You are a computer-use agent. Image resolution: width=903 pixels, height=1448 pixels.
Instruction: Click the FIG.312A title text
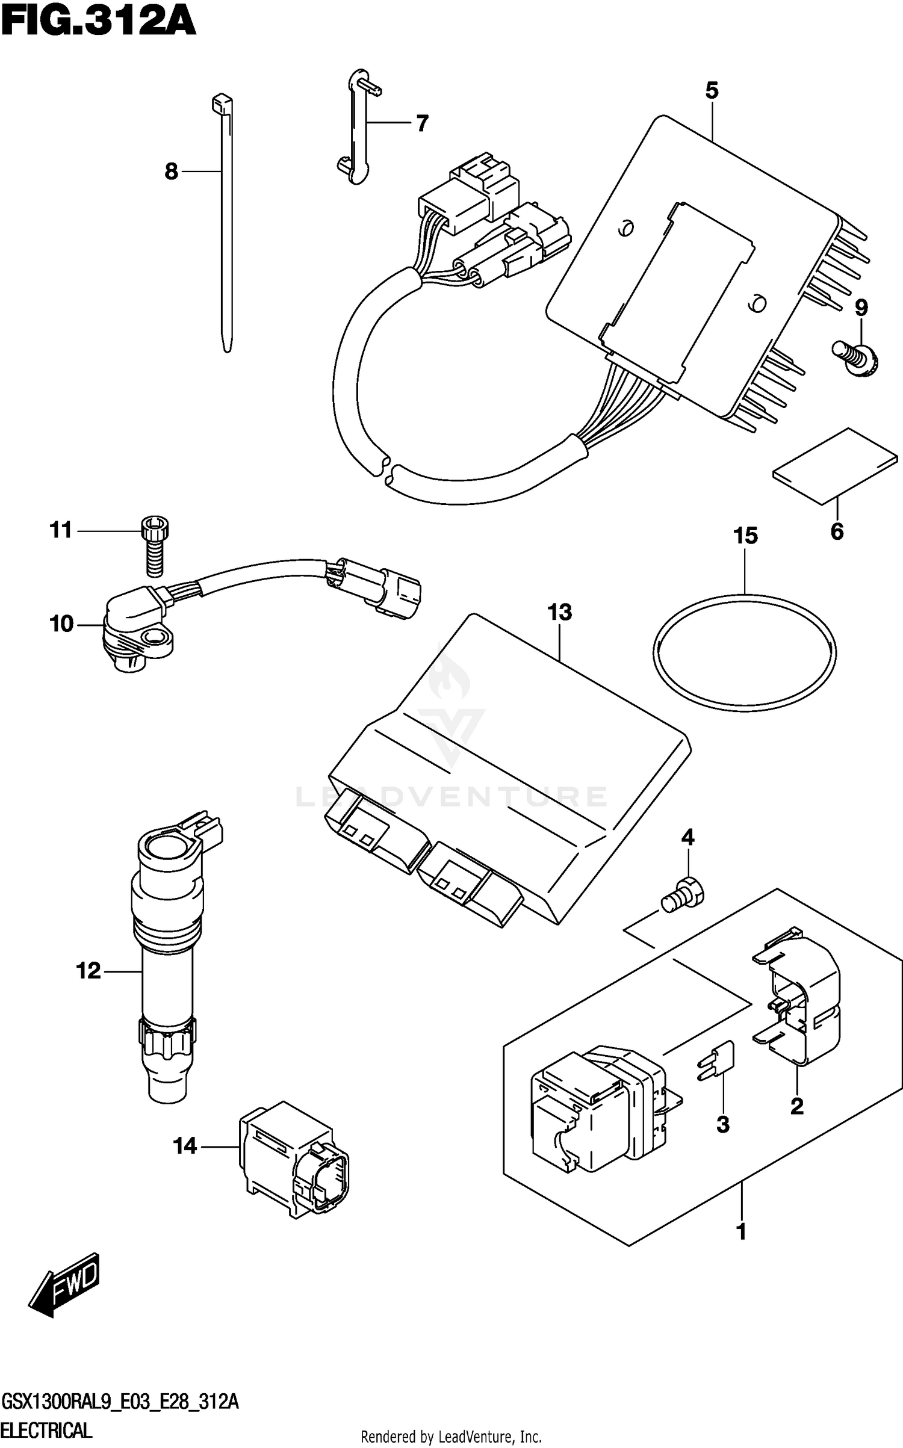click(x=99, y=25)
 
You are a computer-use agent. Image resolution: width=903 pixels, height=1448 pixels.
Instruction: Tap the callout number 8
click(x=172, y=172)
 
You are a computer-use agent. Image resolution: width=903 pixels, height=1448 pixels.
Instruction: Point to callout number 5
click(x=712, y=91)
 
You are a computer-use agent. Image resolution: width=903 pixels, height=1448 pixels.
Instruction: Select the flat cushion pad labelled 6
click(x=836, y=466)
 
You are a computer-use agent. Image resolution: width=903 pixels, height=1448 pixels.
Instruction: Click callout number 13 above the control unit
click(x=559, y=613)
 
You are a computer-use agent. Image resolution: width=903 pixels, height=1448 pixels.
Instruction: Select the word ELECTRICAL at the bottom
click(x=46, y=1431)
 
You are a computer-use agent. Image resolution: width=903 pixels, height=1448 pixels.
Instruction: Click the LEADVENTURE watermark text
click(x=451, y=796)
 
